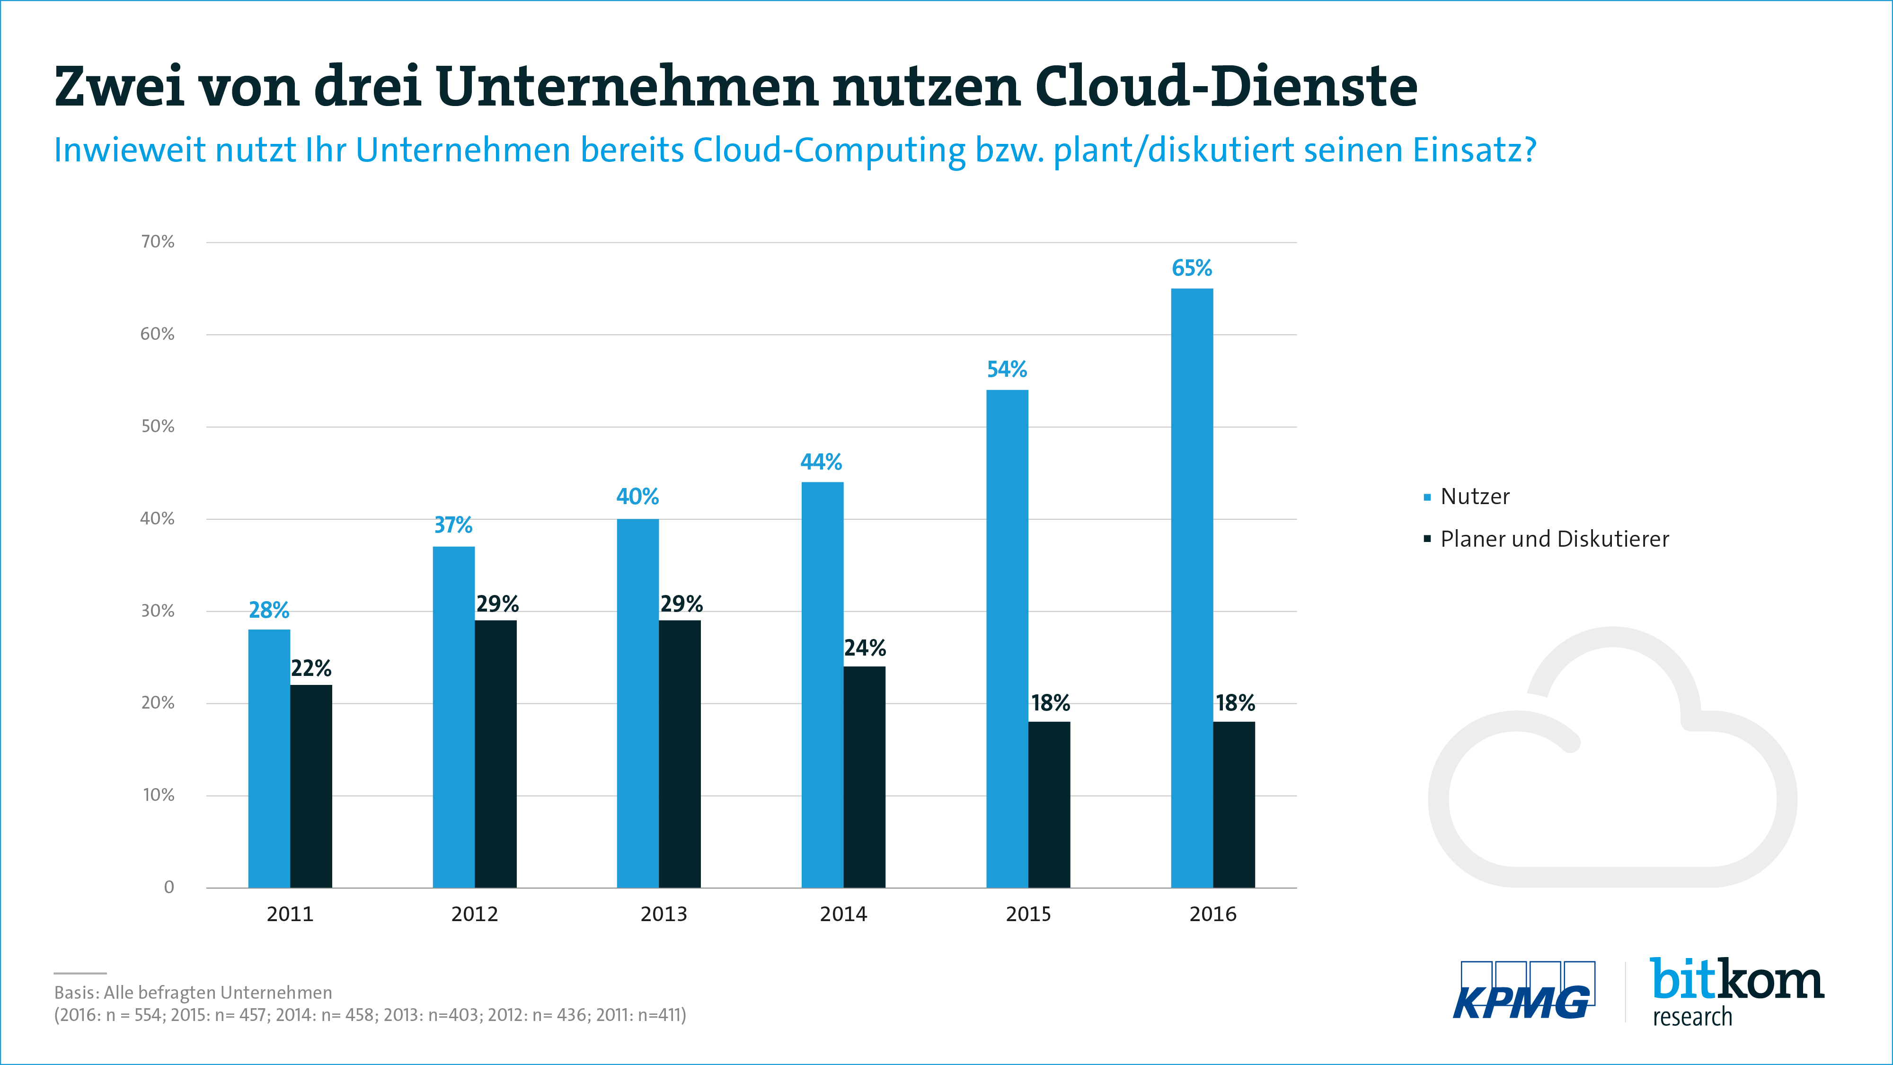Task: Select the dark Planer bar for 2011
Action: click(311, 786)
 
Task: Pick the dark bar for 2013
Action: click(679, 754)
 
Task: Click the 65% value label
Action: click(1191, 268)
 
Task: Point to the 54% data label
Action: click(1006, 369)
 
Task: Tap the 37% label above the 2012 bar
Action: click(453, 525)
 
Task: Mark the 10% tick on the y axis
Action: click(158, 795)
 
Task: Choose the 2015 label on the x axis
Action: click(1028, 914)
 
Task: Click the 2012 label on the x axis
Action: click(474, 914)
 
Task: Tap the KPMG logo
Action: click(1522, 992)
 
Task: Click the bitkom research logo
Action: click(1736, 992)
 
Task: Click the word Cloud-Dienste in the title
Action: click(1226, 87)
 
